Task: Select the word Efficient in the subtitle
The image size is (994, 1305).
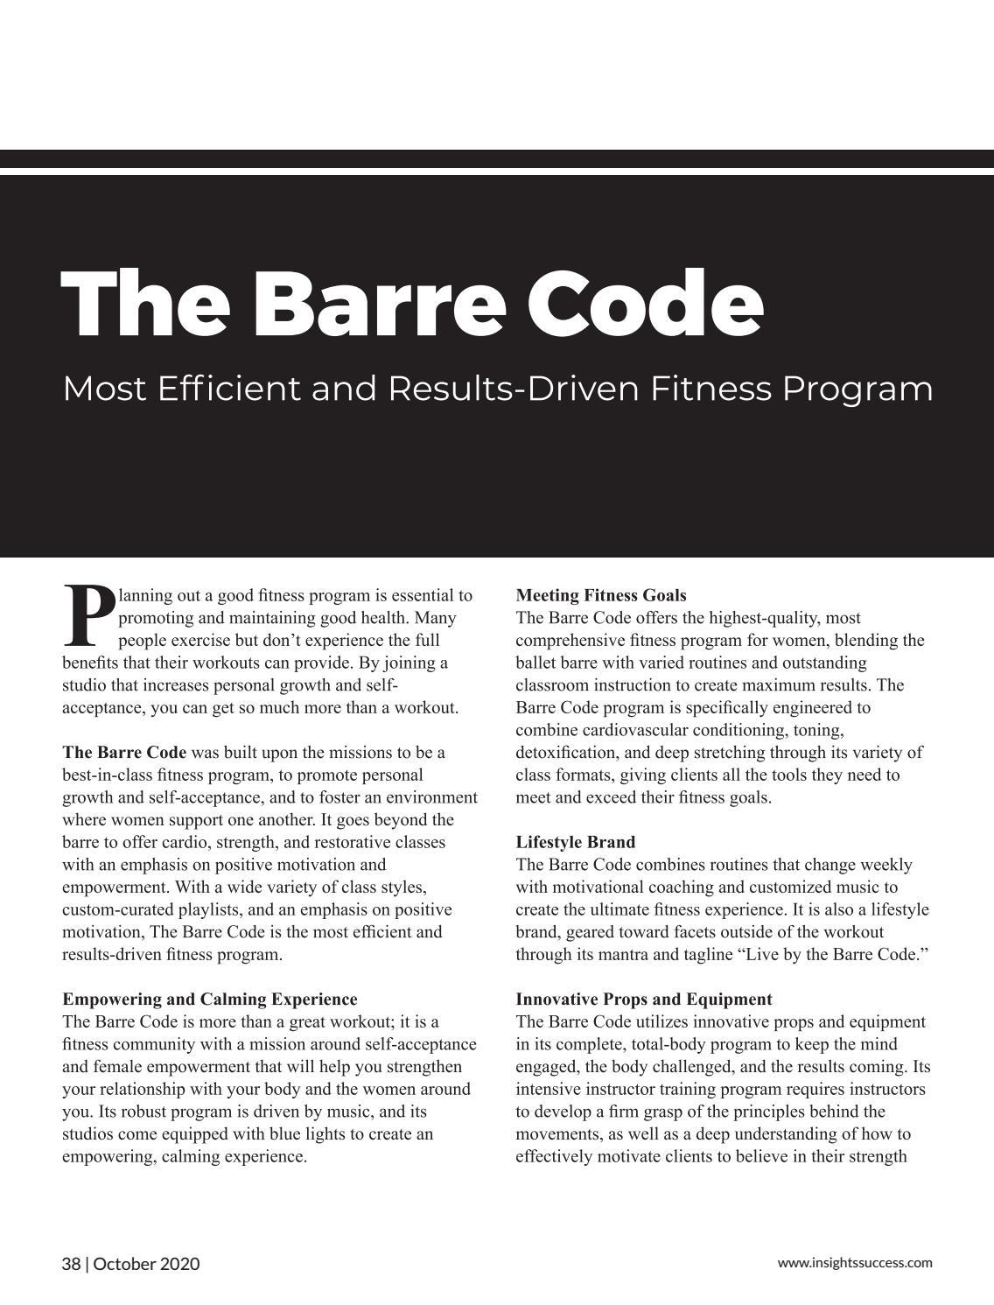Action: click(229, 389)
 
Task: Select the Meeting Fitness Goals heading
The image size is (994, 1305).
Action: click(601, 595)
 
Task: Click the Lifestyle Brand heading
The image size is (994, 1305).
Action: click(575, 842)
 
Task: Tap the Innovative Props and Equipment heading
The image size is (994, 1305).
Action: click(643, 999)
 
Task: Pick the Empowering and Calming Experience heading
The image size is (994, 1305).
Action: click(210, 999)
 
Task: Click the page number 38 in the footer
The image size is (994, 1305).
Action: click(71, 1264)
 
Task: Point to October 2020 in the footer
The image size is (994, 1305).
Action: click(146, 1264)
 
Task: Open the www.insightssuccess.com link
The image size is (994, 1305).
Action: click(855, 1262)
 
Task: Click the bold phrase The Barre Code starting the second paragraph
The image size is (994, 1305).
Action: click(124, 752)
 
